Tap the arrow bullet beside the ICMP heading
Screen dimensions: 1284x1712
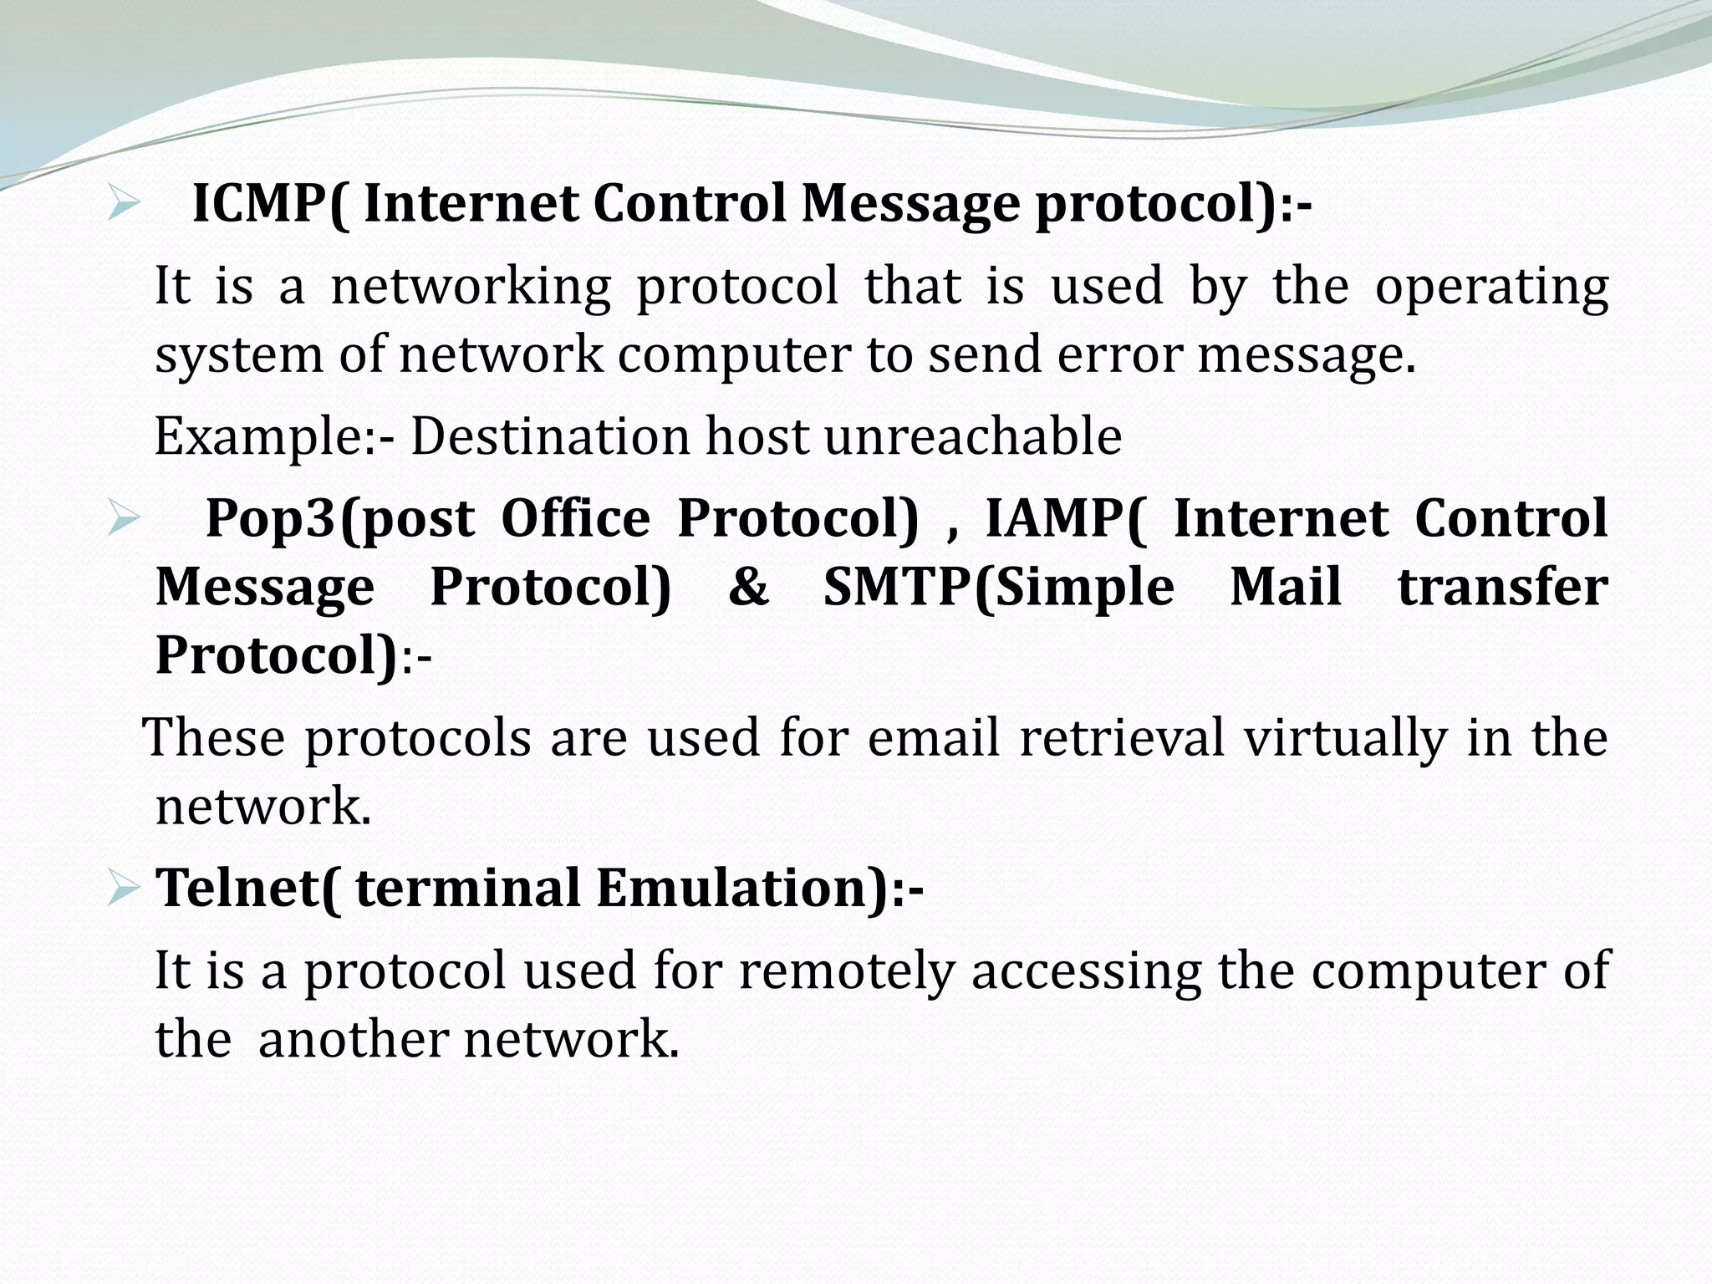(122, 205)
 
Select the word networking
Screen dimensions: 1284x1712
(471, 287)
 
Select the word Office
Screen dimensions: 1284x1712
(575, 518)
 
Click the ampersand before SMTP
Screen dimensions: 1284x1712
(747, 587)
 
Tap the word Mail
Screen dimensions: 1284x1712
(1285, 587)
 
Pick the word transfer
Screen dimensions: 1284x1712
(1502, 587)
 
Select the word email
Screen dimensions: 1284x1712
(933, 738)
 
